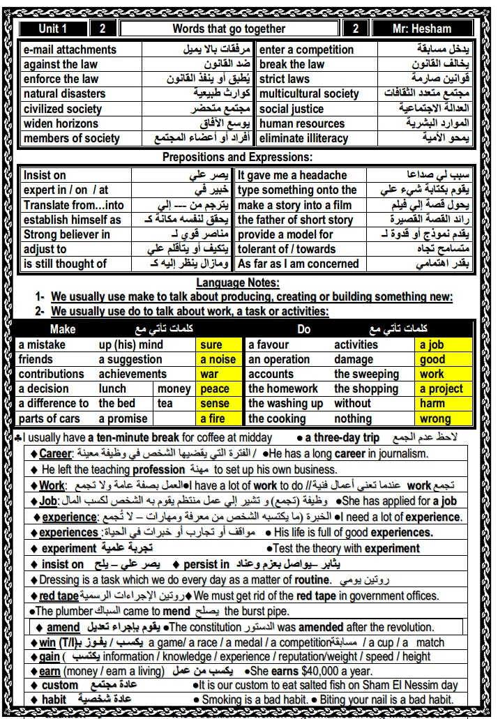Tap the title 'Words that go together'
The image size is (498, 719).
click(x=229, y=29)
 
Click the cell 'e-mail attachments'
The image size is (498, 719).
click(x=70, y=50)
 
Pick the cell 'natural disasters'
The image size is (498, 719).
click(x=65, y=93)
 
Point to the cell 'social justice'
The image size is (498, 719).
click(x=292, y=109)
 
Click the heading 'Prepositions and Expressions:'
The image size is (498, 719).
click(x=237, y=158)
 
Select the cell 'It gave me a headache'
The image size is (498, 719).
click(x=292, y=176)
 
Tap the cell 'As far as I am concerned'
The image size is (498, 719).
click(x=299, y=264)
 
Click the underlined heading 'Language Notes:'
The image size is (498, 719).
click(x=237, y=282)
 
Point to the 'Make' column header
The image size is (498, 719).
click(x=63, y=329)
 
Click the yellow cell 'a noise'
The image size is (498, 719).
click(x=218, y=359)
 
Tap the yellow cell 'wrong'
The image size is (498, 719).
click(x=435, y=418)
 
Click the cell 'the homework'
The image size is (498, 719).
click(x=283, y=388)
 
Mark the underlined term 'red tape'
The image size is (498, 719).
click(x=59, y=596)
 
